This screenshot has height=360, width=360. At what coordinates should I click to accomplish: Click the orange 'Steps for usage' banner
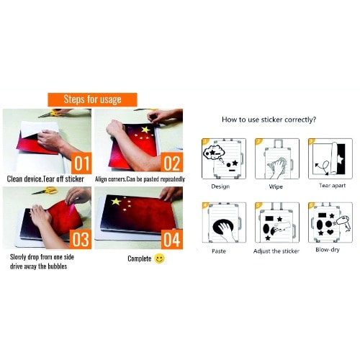(92, 99)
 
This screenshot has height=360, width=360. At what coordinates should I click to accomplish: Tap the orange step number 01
(81, 163)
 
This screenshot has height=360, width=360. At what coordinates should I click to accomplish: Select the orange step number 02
(171, 162)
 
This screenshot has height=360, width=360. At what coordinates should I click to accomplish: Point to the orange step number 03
(81, 239)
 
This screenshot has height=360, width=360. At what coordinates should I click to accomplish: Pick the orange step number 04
(171, 239)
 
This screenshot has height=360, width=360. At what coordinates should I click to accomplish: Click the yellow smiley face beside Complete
(159, 258)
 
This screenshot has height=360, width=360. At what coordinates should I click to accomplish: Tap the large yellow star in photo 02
(145, 130)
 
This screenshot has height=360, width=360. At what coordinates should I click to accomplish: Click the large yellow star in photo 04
(116, 201)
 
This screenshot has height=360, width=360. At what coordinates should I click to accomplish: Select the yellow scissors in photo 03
(45, 191)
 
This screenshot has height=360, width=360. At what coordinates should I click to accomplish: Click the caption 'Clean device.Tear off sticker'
(45, 179)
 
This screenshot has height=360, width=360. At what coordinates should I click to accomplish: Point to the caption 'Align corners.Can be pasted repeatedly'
(140, 179)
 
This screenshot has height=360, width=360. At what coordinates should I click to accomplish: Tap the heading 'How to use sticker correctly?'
(269, 120)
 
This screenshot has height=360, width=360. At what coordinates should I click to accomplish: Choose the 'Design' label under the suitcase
(220, 186)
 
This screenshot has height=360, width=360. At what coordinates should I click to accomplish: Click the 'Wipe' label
(276, 186)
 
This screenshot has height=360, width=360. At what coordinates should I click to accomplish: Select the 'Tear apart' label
(333, 186)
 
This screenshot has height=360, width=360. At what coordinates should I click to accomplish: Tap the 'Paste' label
(219, 251)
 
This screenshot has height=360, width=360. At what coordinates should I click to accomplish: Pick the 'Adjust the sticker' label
(276, 251)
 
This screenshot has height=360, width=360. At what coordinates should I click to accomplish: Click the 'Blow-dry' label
(328, 250)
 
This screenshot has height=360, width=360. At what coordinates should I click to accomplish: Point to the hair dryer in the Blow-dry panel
(343, 222)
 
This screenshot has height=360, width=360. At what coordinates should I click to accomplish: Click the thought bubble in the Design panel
(214, 153)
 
